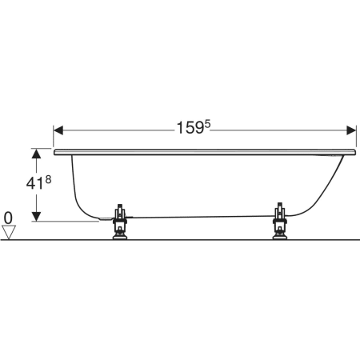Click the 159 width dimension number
pos(190,128)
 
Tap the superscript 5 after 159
pos(207,124)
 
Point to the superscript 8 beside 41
pos(48,180)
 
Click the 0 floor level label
pos(8,218)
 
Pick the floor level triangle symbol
pos(9,232)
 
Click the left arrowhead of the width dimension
pos(58,130)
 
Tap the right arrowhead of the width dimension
pos(351,130)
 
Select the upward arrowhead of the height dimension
pos(36,154)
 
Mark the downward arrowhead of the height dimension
pos(36,217)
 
